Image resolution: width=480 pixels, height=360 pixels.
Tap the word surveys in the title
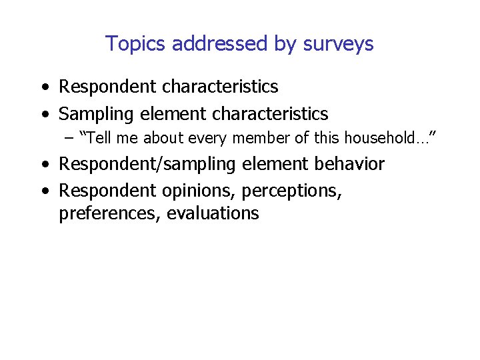tap(338, 44)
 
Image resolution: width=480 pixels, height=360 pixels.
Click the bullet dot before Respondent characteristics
tap(44, 87)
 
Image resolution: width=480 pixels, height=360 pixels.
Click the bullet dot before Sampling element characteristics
tap(44, 115)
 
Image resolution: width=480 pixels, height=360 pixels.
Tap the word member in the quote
tap(254, 139)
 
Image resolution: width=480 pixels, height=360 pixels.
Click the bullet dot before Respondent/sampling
tap(44, 165)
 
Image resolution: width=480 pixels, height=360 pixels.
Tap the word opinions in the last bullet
tap(198, 191)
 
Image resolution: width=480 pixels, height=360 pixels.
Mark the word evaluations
tap(213, 213)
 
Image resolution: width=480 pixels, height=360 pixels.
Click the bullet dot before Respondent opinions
tap(44, 191)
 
